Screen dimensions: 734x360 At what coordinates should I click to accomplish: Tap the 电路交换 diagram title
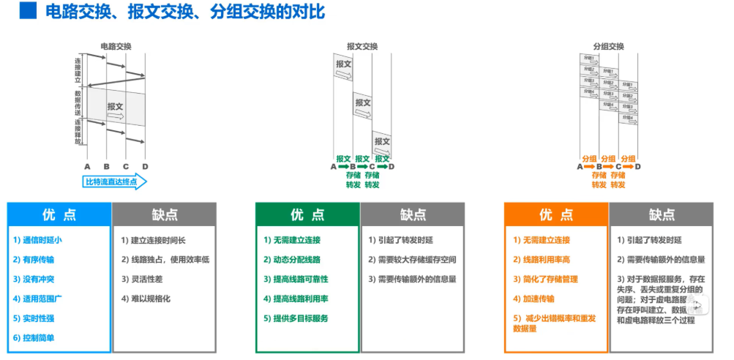[x=116, y=46]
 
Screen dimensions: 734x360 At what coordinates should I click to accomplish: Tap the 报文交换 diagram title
[x=362, y=46]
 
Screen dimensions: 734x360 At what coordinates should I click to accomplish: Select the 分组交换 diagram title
[x=608, y=46]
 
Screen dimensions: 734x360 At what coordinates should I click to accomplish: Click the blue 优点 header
[x=59, y=215]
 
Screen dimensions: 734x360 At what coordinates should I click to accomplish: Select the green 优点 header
[x=307, y=215]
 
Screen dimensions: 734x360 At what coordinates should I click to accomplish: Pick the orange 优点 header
[x=556, y=215]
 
